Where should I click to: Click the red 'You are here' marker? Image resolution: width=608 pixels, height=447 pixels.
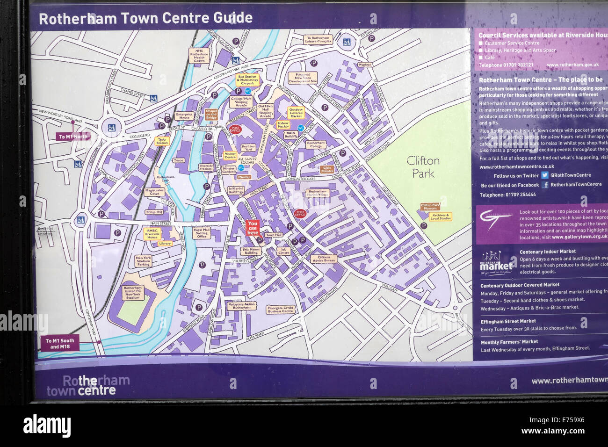click(253, 228)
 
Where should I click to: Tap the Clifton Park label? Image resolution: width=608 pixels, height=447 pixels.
click(423, 167)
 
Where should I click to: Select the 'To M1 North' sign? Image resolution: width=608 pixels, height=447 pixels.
click(73, 137)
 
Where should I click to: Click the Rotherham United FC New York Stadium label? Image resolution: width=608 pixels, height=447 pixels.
click(133, 292)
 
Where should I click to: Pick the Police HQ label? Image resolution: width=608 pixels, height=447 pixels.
click(154, 212)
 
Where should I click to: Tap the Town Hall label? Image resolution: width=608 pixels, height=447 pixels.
click(274, 235)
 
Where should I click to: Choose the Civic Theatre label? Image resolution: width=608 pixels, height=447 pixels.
click(327, 169)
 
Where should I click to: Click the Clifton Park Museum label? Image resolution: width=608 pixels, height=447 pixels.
click(430, 207)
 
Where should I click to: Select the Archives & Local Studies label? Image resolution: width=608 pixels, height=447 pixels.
click(441, 217)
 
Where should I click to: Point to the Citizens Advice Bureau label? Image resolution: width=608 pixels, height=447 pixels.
click(324, 259)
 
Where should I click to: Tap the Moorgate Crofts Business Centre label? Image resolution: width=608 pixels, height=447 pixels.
click(281, 310)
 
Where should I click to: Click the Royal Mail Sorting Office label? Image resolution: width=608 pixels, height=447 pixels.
click(202, 233)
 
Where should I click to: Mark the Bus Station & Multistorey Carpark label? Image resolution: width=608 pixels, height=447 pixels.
click(247, 80)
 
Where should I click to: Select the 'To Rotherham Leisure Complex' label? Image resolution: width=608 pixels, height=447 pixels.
click(318, 39)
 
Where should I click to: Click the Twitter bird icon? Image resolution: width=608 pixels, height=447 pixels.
click(544, 175)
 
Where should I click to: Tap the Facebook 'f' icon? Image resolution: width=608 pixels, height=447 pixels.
click(545, 185)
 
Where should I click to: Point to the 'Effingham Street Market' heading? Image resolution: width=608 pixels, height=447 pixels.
click(508, 321)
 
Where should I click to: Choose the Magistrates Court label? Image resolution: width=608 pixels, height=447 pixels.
click(154, 192)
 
